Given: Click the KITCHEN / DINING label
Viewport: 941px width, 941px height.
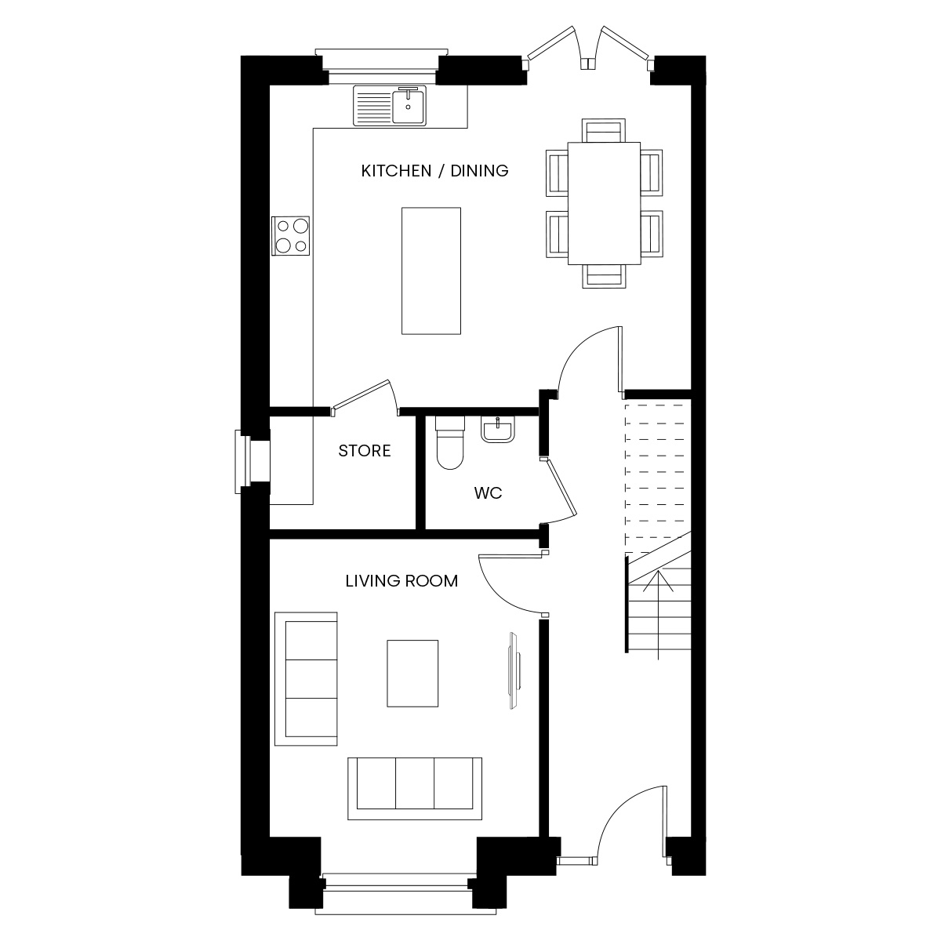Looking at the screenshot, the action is pos(434,171).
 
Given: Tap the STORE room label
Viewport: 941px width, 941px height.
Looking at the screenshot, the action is pos(365,451).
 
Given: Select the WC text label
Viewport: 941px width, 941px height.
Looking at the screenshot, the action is pos(488,493).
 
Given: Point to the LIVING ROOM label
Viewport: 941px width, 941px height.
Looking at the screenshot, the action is pos(401,581).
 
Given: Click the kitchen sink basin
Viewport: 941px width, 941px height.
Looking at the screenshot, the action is pos(409,106).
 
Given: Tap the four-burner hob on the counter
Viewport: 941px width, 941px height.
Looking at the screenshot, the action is pos(291,236).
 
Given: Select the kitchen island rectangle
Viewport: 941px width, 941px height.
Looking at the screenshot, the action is pos(431,271).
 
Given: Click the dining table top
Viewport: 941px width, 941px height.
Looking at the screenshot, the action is pos(604,203).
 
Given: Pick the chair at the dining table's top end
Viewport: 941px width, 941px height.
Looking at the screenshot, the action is pos(604,130).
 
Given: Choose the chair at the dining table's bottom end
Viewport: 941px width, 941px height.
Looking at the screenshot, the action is pos(604,276).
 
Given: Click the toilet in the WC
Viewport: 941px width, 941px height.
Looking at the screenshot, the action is pos(450,442).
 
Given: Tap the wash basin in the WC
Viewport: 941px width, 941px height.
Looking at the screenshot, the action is pos(498,431).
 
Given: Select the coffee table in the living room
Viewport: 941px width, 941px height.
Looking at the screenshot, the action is pos(412,674).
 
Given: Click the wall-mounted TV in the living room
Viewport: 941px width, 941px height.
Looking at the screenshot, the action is pos(514,670).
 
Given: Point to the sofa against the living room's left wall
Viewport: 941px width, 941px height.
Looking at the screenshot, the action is pos(306,679).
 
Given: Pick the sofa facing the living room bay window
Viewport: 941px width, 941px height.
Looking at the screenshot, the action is pos(415,789).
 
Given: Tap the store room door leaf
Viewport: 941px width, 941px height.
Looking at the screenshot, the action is pos(361,394).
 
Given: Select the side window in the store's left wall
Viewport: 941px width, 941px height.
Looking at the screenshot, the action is pos(243,461).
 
